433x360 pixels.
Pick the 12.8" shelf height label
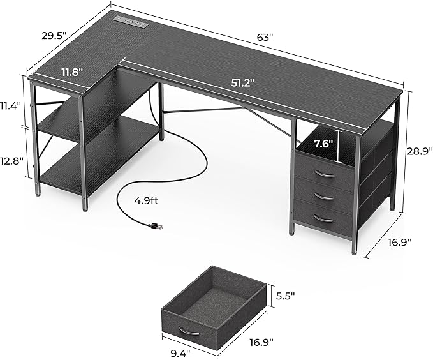tap(12, 160)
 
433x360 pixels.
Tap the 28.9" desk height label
tap(419, 151)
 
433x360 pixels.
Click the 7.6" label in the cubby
tap(323, 144)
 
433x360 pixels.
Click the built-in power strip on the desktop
tap(130, 21)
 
